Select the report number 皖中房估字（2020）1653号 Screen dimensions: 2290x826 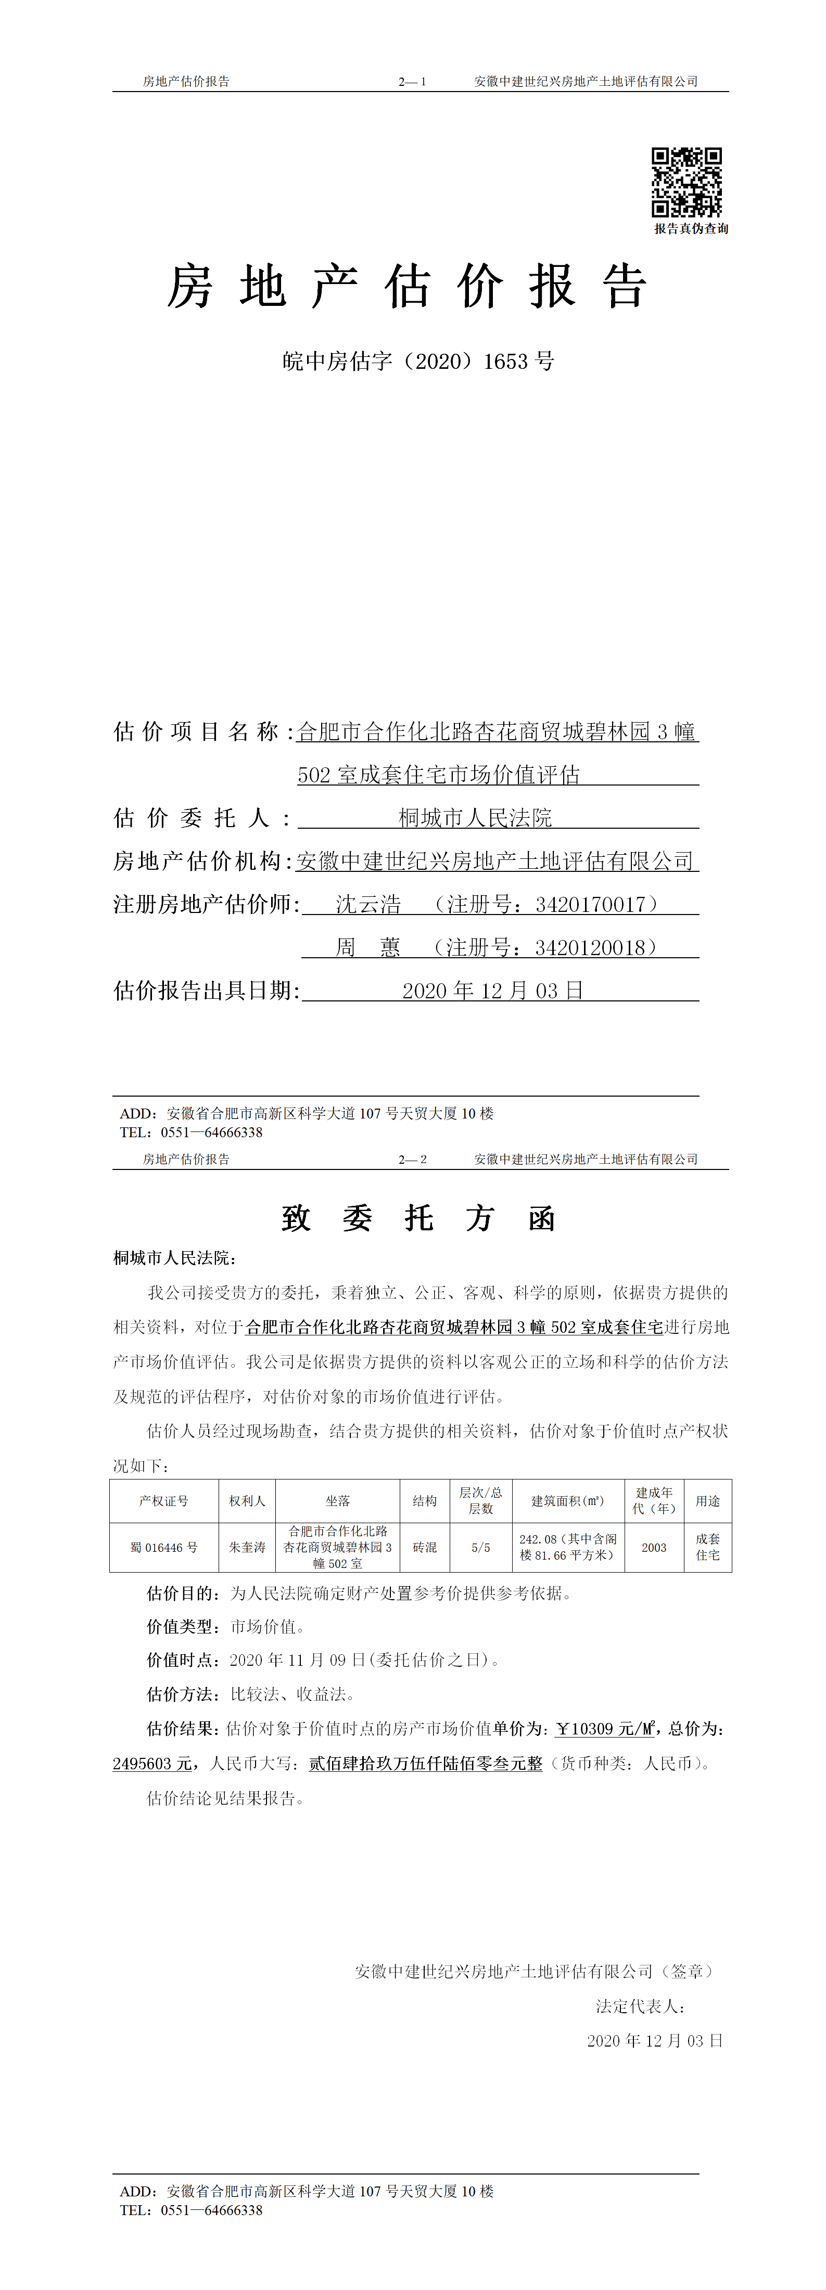click(x=418, y=361)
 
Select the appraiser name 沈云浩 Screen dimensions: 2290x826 click(x=368, y=904)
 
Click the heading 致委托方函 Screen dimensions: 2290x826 click(x=418, y=1218)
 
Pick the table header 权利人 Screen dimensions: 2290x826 click(x=247, y=1501)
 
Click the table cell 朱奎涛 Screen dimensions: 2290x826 click(x=247, y=1548)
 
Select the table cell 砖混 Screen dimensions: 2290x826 click(x=425, y=1548)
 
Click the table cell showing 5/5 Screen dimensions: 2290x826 click(x=481, y=1548)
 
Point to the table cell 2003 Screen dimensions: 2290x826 click(x=654, y=1548)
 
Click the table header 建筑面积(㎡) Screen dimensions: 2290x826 click(x=568, y=1501)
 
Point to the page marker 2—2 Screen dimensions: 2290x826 click(x=413, y=1159)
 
